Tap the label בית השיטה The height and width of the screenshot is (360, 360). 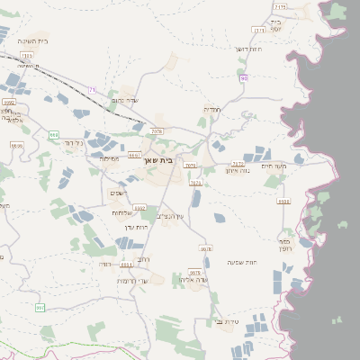pos(31,41)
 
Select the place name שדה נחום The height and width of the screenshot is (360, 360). pos(127,100)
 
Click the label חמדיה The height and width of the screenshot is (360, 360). pos(212,109)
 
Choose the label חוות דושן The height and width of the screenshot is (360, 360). pos(247,49)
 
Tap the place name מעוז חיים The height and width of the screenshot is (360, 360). pos(273,165)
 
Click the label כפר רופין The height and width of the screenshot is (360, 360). pos(284,242)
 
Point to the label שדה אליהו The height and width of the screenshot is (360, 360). pos(194,280)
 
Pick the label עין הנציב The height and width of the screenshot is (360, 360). pos(168,216)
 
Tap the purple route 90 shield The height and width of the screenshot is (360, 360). pos(244,79)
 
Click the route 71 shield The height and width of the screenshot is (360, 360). pos(92,89)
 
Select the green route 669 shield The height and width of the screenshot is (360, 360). pos(54,135)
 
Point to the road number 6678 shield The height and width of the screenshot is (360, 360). pos(206,248)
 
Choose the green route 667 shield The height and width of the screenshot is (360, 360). pos(40,308)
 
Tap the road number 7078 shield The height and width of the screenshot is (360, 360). pos(157,131)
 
